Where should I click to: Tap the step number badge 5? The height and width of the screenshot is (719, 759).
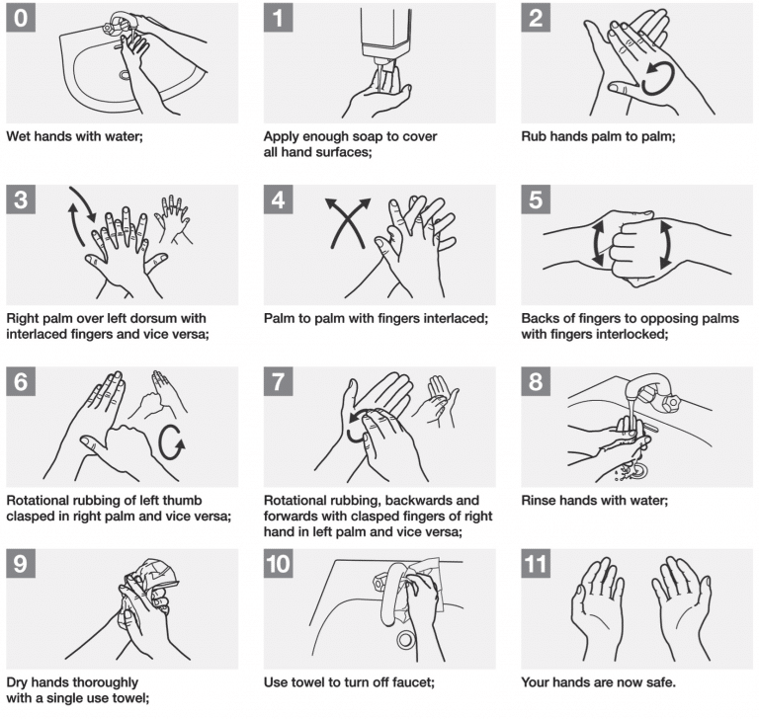click(x=537, y=200)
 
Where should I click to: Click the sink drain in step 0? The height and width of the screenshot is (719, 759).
click(x=125, y=75)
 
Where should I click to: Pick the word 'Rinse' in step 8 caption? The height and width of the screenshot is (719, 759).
click(x=540, y=500)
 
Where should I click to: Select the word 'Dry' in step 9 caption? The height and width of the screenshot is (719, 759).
click(x=18, y=681)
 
